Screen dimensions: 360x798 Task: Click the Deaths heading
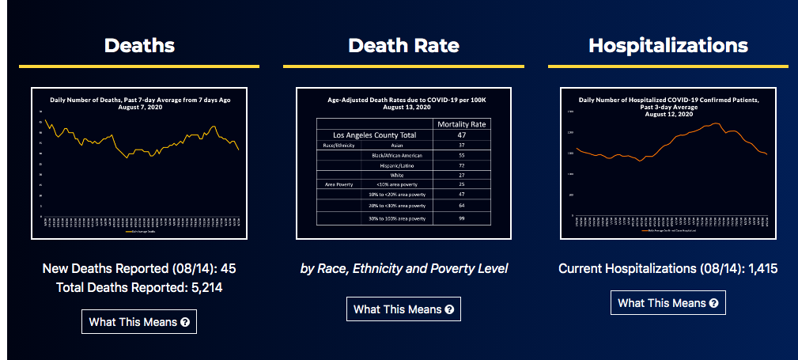(x=139, y=45)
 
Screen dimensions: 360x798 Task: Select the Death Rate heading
(x=403, y=45)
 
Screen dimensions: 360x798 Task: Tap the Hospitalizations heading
(x=668, y=45)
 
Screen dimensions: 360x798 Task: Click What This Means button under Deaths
(x=139, y=322)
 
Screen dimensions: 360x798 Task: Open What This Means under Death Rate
(x=403, y=309)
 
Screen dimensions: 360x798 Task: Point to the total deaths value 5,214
(x=207, y=288)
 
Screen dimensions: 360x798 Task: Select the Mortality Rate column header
(x=462, y=124)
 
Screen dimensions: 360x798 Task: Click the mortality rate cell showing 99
(x=462, y=218)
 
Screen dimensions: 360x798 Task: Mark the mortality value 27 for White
(x=462, y=175)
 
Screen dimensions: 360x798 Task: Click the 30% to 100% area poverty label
(x=398, y=218)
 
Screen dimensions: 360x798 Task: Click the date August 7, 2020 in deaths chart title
(x=139, y=107)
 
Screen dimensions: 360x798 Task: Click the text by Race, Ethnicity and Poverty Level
(x=403, y=269)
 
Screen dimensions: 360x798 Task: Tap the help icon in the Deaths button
(x=185, y=322)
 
